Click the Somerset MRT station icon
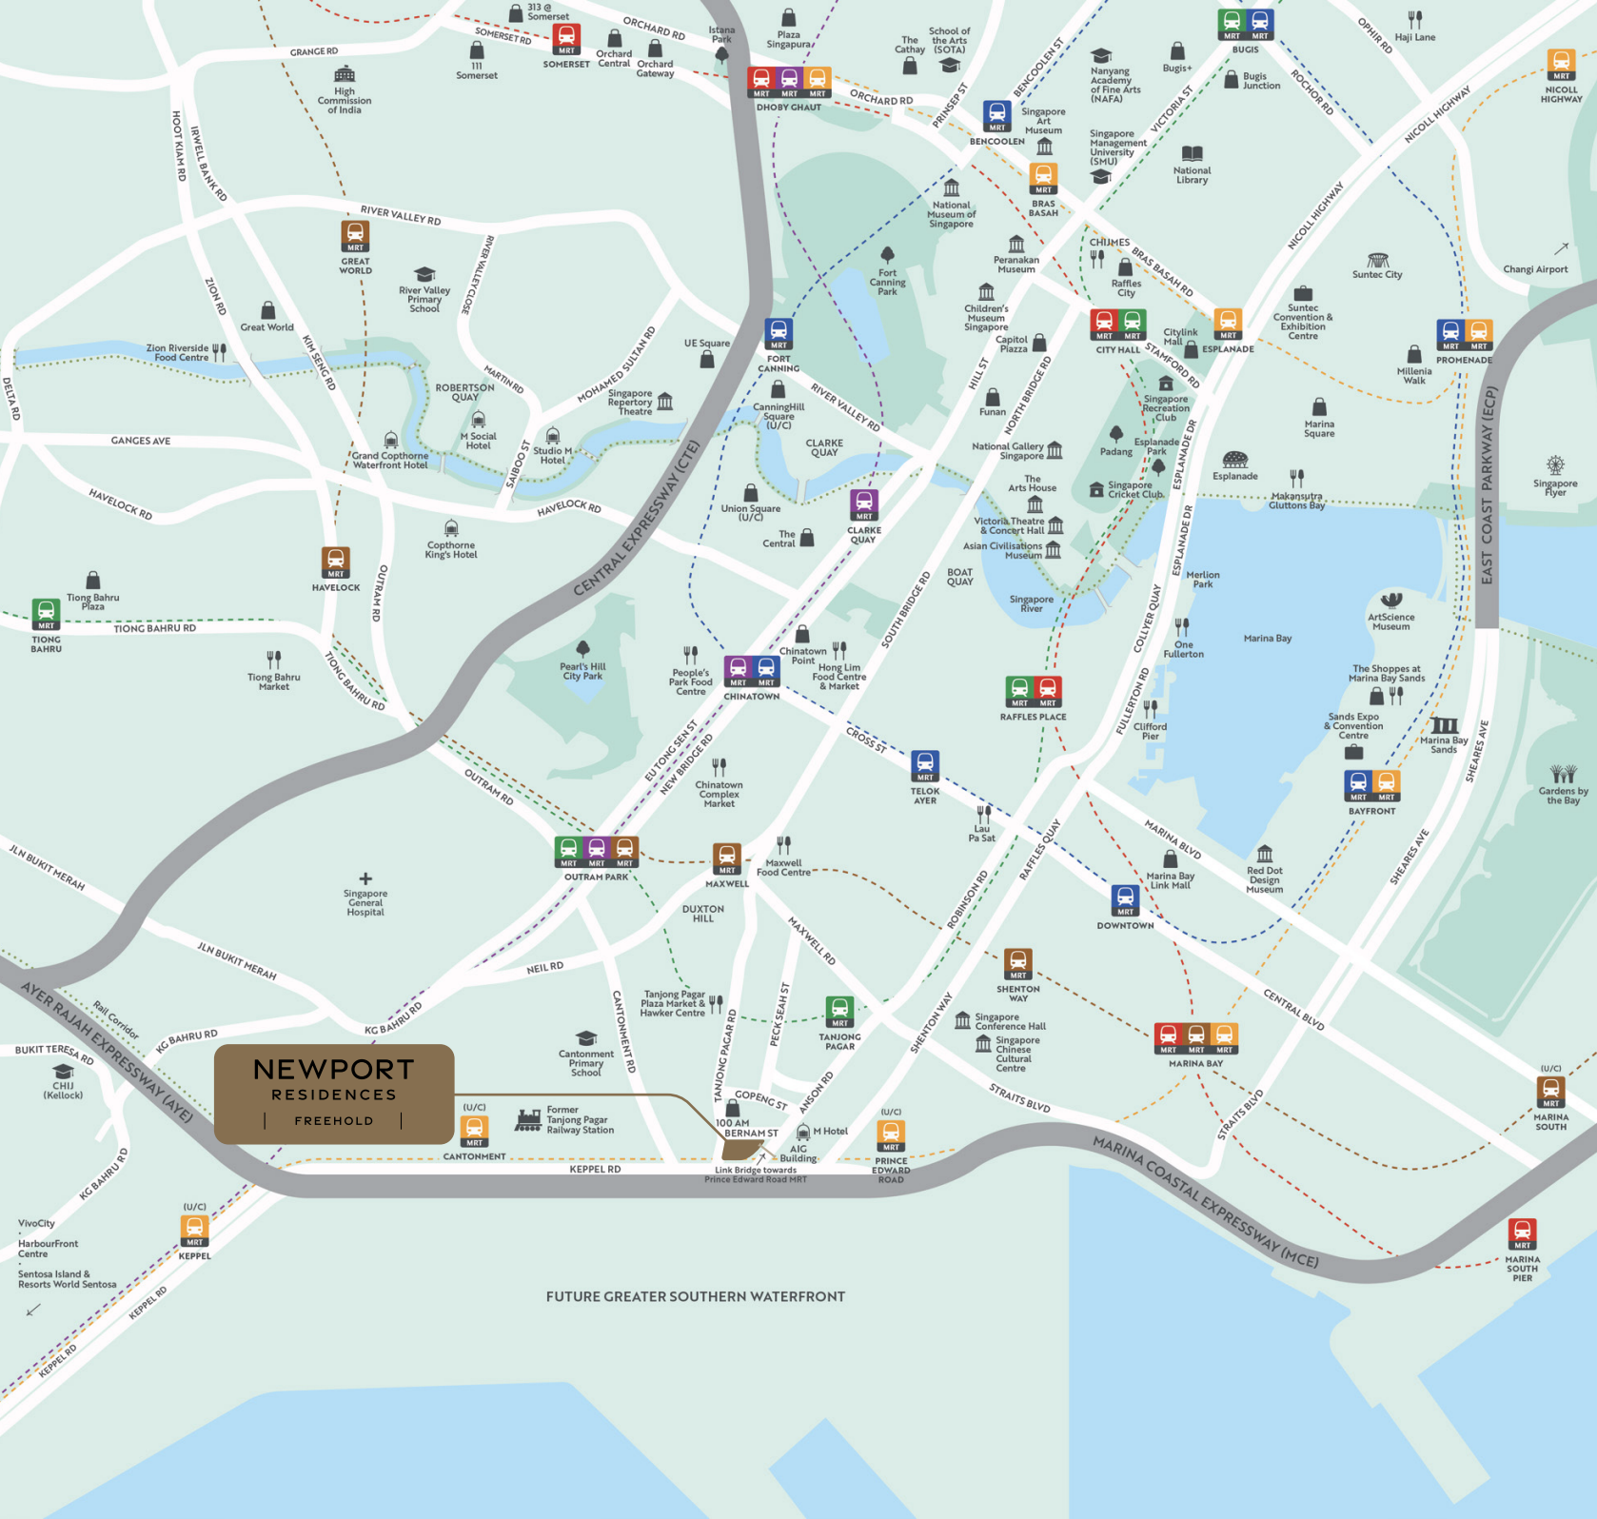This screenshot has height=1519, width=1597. [566, 40]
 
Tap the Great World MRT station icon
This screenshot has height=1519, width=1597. [355, 236]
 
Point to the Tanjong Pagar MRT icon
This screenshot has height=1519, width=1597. [839, 1013]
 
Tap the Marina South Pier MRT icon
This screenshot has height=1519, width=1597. [1522, 1234]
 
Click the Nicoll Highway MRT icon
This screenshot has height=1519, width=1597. [1561, 65]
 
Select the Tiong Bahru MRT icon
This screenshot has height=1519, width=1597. [46, 614]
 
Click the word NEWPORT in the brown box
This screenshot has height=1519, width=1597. [333, 1070]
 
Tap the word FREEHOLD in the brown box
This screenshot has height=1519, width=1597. [333, 1121]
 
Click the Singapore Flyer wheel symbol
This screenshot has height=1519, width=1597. [1555, 464]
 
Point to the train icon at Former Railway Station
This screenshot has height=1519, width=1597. [528, 1119]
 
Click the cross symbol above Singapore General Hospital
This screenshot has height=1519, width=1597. [365, 878]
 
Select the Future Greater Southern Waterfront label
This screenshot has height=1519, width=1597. [695, 1296]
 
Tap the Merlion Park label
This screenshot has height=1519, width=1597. [1202, 579]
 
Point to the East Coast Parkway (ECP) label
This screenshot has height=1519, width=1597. [1488, 485]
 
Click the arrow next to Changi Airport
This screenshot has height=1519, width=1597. [1561, 249]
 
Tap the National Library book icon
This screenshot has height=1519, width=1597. [1192, 154]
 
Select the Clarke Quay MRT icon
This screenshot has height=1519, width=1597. [863, 504]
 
